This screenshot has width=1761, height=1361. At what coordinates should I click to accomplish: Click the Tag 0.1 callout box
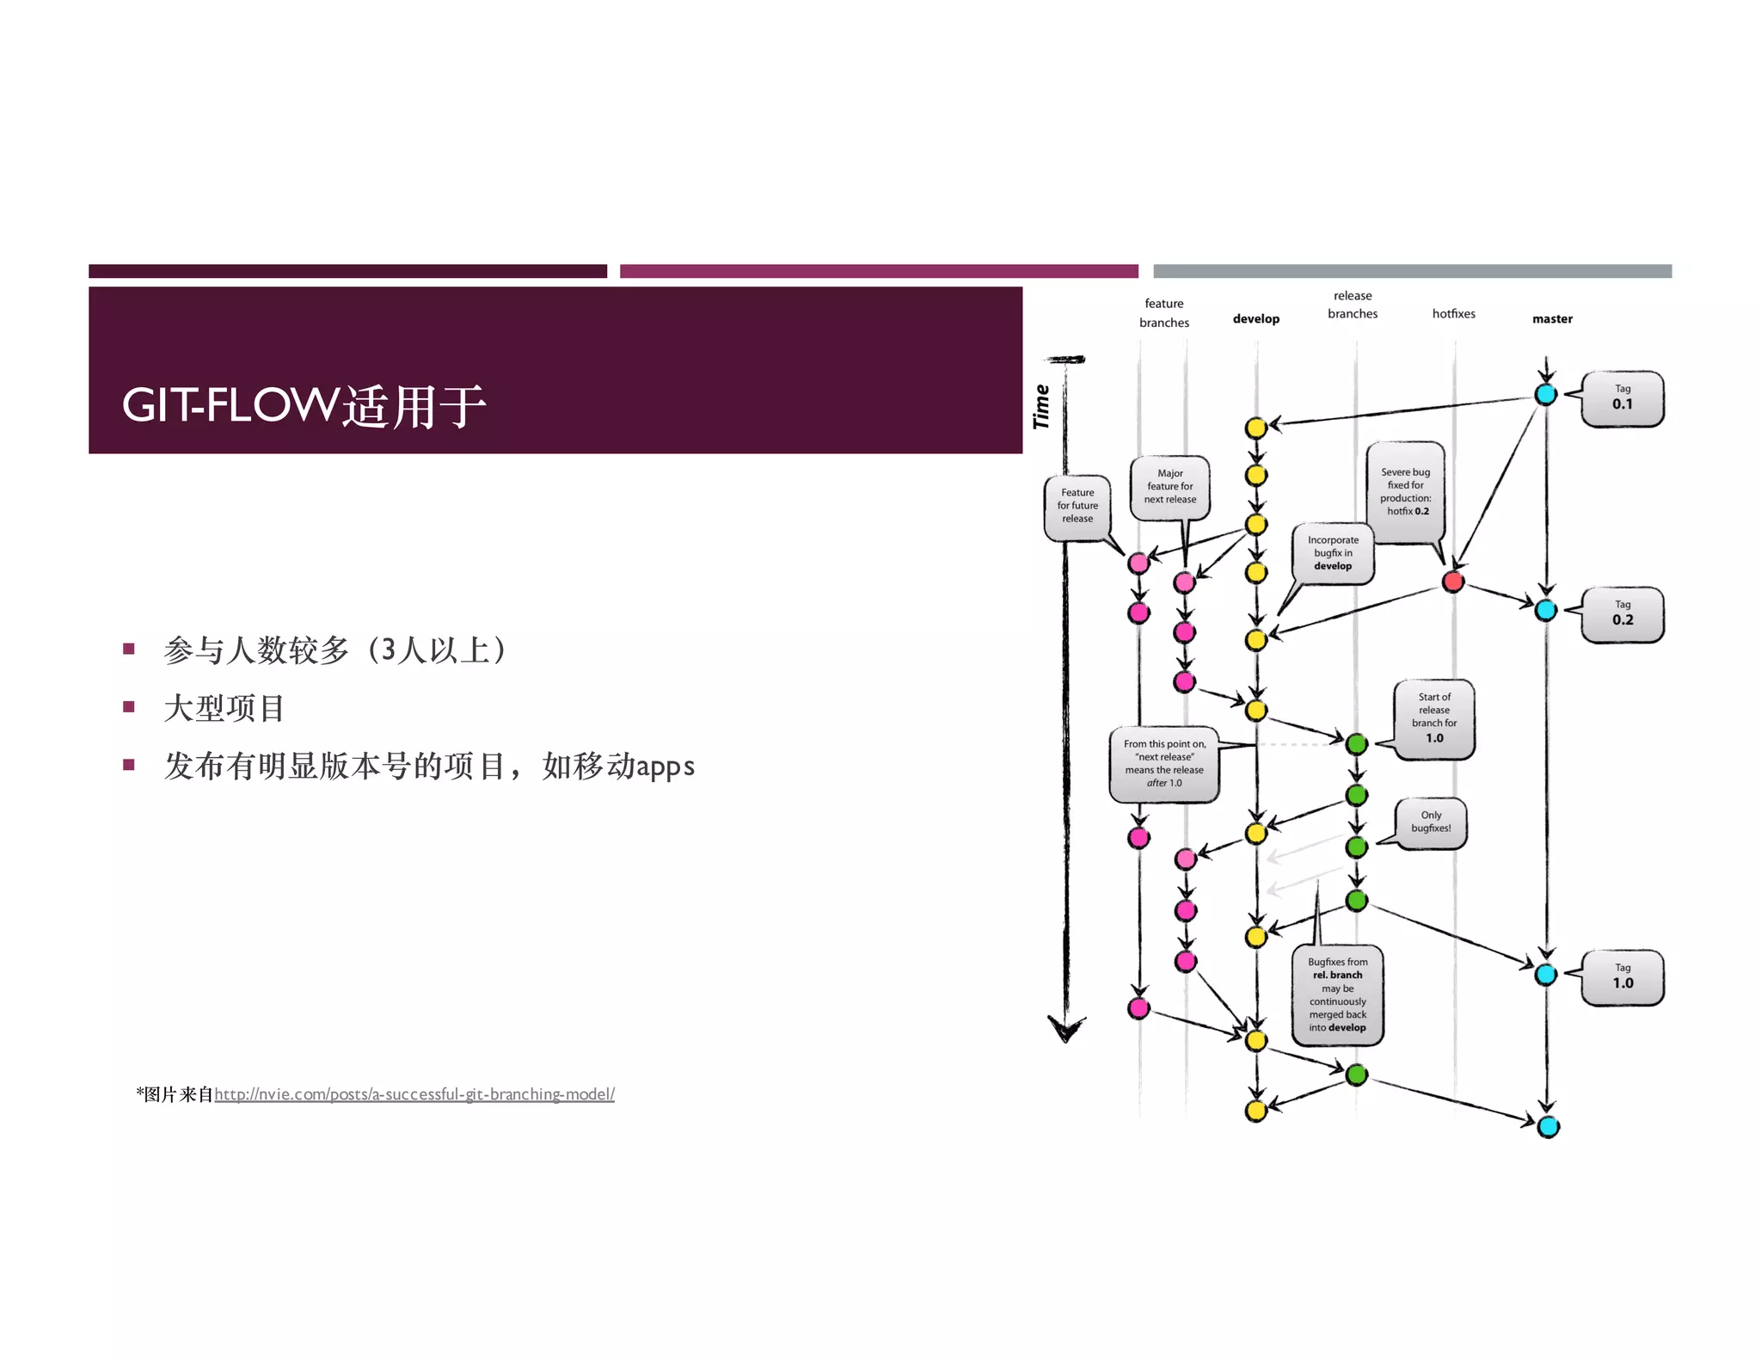coord(1622,398)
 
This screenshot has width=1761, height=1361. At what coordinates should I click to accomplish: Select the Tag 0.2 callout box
coord(1622,614)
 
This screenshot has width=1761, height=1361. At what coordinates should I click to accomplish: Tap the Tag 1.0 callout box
coord(1622,977)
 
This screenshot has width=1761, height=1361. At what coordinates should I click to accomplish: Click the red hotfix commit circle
coord(1453,582)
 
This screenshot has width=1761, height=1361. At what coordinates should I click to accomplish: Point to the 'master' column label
coord(1552,319)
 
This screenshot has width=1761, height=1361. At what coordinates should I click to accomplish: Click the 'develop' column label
coord(1255,319)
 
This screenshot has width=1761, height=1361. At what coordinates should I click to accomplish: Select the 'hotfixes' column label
coord(1453,314)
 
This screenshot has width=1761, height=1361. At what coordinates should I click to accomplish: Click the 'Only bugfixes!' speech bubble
coord(1431,822)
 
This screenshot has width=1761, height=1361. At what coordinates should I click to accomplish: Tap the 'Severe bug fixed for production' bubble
coord(1405,491)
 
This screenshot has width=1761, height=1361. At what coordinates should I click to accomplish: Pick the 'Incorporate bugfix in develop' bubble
coord(1333,553)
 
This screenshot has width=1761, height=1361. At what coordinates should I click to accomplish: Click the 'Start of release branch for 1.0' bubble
coord(1434,718)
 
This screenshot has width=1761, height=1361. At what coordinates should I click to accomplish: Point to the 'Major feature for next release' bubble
coord(1169,487)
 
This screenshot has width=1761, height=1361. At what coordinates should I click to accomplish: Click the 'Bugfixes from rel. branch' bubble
coord(1337,995)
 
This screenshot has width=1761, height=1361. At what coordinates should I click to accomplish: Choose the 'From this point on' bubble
coord(1164,764)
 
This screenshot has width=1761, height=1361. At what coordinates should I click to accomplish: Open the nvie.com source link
coord(414,1094)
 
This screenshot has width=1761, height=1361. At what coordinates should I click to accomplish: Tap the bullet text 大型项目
coord(224,708)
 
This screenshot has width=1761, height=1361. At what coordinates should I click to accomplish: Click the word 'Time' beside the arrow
coord(1041,406)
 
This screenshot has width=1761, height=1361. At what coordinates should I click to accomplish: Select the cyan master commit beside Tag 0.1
coord(1545,395)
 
